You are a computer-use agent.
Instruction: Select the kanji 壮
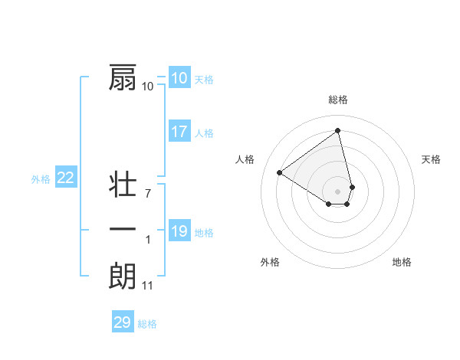point(123,185)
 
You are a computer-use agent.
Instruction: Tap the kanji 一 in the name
point(123,230)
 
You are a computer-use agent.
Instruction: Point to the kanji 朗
point(123,276)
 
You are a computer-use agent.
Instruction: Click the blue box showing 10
point(179,78)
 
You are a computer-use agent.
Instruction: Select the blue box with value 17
point(179,132)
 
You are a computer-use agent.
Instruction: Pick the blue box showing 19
point(179,231)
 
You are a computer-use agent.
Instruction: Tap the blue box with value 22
point(66,178)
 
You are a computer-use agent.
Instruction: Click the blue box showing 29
point(123,322)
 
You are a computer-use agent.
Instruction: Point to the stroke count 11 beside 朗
point(148,286)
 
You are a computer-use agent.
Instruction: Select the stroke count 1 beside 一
point(148,241)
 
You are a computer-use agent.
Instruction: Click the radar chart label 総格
point(338,100)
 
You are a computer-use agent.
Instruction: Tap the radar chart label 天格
point(432,159)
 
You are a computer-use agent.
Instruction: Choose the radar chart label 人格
point(245,159)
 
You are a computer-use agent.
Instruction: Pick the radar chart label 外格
point(270,262)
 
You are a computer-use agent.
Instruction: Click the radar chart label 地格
point(402,262)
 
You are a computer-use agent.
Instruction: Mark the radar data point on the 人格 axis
point(280,172)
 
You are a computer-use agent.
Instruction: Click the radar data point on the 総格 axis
point(338,130)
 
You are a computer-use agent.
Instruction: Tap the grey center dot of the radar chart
point(338,191)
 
